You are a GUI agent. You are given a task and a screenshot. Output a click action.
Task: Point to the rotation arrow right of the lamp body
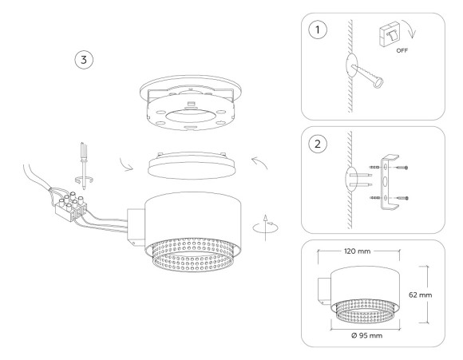(258, 227)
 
